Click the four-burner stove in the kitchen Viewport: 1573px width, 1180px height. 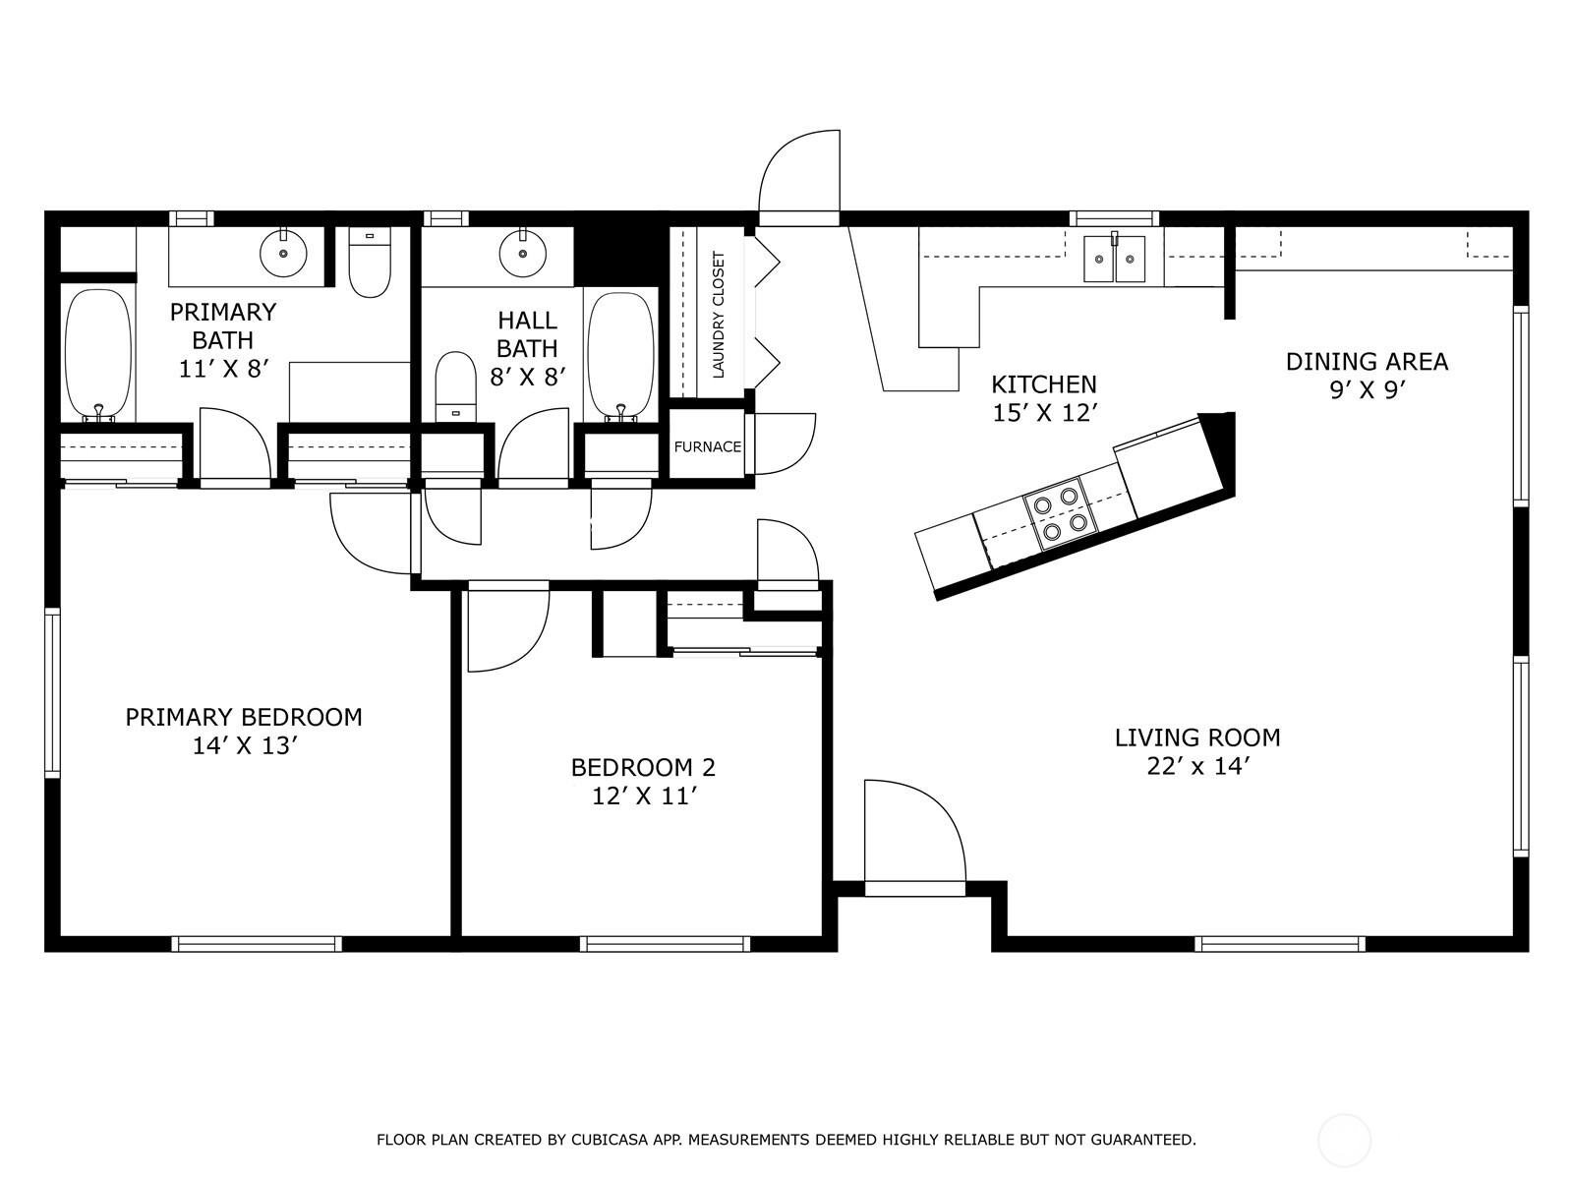1062,513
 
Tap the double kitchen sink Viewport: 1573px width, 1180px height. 1114,259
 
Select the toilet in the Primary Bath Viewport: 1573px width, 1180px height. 370,263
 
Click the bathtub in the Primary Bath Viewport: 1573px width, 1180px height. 98,355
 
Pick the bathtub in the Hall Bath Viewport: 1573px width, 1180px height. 620,356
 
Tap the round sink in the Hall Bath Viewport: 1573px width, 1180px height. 522,252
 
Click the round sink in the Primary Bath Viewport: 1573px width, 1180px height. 283,252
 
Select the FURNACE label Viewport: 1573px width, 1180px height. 707,447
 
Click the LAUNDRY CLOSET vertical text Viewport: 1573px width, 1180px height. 719,315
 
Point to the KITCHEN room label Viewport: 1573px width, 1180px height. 1043,384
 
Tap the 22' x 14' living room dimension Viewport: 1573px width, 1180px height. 1198,767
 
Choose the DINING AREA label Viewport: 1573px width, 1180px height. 1367,362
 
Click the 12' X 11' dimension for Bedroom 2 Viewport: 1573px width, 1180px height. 644,796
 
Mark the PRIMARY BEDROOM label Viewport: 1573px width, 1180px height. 244,717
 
